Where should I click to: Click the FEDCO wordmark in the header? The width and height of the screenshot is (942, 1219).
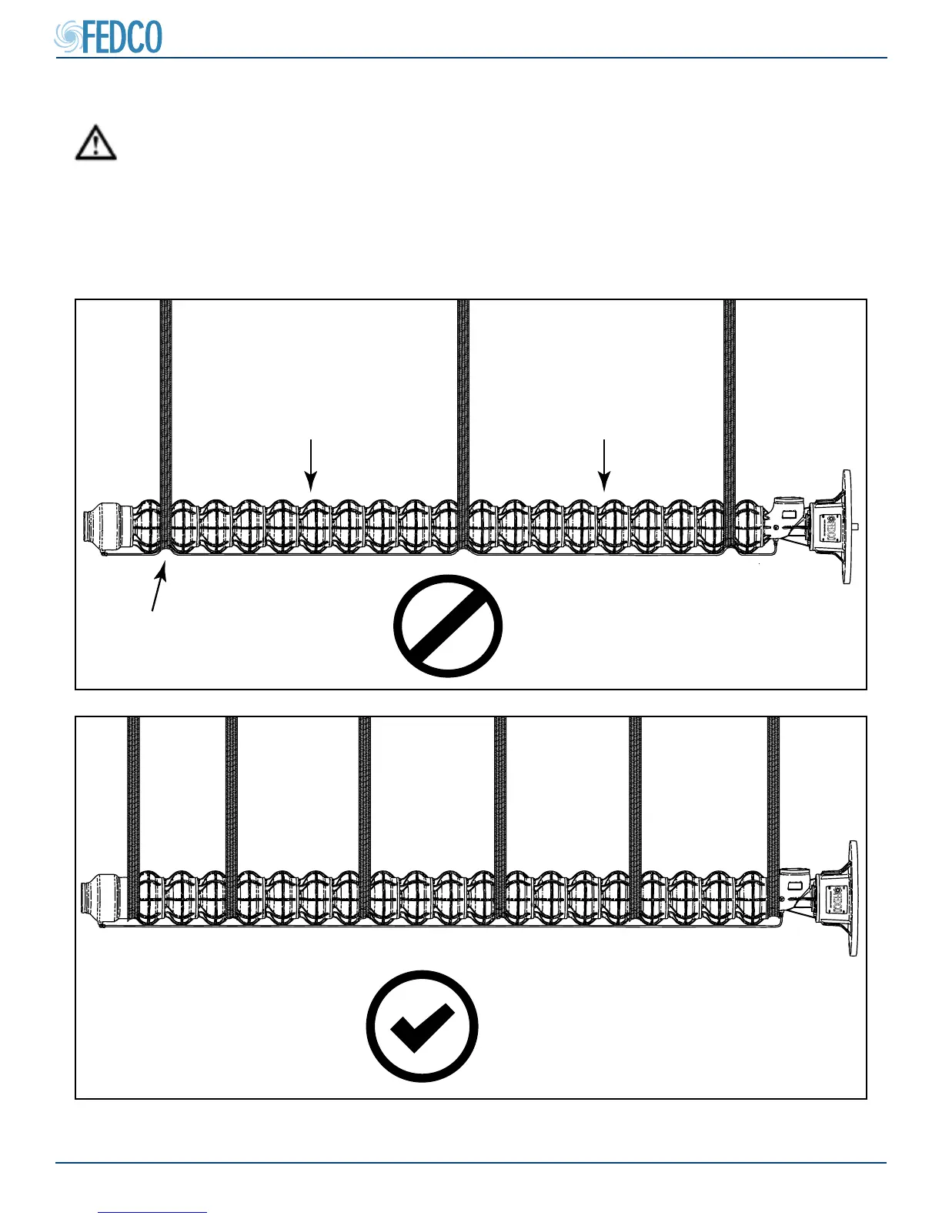[122, 37]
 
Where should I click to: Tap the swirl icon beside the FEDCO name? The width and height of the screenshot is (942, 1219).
[68, 37]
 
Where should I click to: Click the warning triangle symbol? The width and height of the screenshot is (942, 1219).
[95, 143]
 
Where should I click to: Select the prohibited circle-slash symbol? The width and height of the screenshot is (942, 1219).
[448, 625]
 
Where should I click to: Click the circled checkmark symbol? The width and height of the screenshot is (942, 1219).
[422, 1026]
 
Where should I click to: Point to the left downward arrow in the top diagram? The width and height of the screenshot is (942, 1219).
[310, 465]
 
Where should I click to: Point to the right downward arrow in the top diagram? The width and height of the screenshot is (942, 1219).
[605, 465]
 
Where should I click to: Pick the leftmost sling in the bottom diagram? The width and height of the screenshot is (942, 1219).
[133, 800]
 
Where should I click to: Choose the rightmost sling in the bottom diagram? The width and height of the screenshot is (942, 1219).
[773, 800]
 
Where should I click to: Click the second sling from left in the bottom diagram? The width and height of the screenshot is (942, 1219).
[232, 800]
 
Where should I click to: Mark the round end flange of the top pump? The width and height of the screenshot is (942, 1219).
[847, 526]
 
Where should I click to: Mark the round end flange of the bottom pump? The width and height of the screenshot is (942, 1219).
[852, 898]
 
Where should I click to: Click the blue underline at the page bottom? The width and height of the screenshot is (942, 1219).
[152, 1212]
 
